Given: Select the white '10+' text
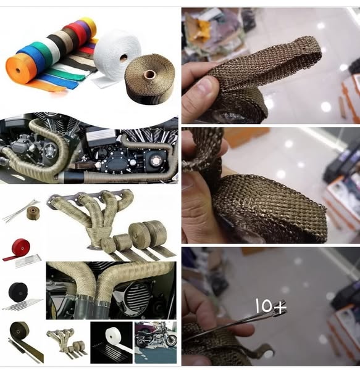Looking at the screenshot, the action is [x=270, y=306].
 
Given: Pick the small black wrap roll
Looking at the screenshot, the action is [x=18, y=292].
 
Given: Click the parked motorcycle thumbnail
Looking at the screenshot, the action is [x=156, y=343].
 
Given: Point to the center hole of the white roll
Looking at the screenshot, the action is [x=123, y=57].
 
